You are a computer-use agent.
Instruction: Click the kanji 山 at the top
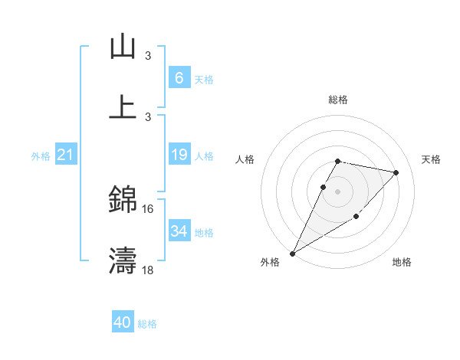point(123,47)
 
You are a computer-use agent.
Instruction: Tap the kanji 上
point(123,106)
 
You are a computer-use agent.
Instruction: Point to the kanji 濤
point(123,260)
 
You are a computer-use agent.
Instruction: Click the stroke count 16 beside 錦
point(148,208)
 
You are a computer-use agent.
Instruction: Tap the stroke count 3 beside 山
point(148,55)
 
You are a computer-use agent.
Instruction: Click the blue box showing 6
point(179,77)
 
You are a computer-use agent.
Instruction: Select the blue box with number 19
point(179,155)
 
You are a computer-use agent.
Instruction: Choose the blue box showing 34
point(179,231)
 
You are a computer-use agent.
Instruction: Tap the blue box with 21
point(66,155)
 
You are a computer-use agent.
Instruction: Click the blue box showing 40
point(123,322)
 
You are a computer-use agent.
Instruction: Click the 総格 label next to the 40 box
point(148,324)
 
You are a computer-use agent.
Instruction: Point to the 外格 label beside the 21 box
point(41,156)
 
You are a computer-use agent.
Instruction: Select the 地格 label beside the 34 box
point(204,232)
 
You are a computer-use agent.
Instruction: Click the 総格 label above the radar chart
point(337,100)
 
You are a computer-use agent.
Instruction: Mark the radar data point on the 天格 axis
point(396,172)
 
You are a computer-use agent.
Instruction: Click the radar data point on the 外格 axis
point(292,253)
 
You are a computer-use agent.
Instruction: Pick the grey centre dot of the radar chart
point(337,191)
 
